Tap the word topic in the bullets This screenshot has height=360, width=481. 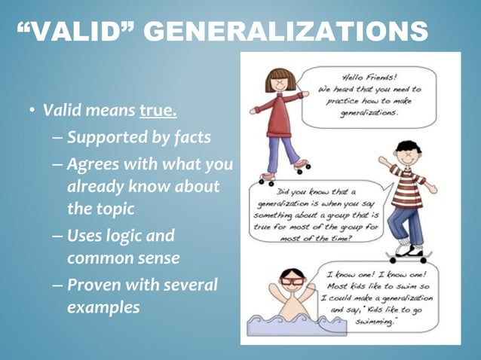click(x=108, y=207)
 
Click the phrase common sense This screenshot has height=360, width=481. click(x=123, y=258)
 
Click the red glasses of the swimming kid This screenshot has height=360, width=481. click(x=293, y=282)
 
